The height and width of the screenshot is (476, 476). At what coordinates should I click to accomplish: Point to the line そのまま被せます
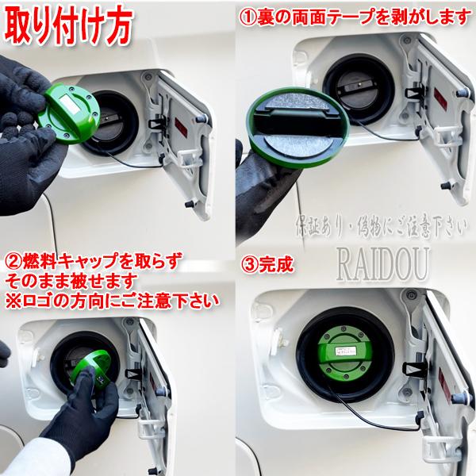pos(71,282)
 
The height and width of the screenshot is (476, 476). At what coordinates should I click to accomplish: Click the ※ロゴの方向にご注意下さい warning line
pos(111,301)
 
